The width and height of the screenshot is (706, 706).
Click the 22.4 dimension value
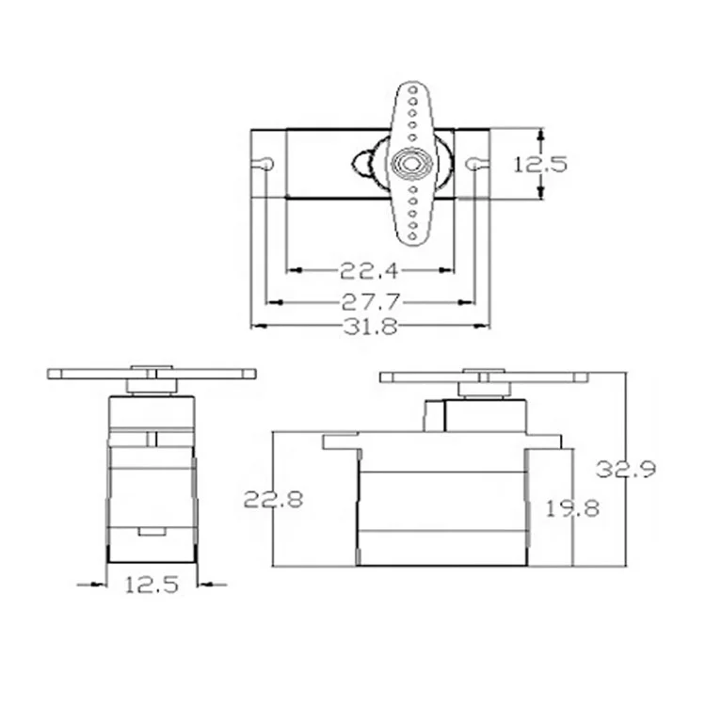click(369, 271)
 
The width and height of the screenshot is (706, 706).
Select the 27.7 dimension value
click(369, 302)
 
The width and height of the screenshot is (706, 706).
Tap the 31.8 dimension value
click(369, 327)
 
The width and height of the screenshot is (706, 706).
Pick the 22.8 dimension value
click(273, 499)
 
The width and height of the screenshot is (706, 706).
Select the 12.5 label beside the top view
click(540, 164)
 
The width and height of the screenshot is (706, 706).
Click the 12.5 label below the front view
click(152, 585)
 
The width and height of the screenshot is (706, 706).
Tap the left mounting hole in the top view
click(267, 164)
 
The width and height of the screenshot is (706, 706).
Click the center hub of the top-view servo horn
click(411, 163)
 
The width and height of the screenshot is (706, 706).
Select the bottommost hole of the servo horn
click(411, 235)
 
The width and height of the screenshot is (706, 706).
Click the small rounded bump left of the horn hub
click(362, 164)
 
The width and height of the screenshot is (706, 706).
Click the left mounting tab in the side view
click(339, 441)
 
